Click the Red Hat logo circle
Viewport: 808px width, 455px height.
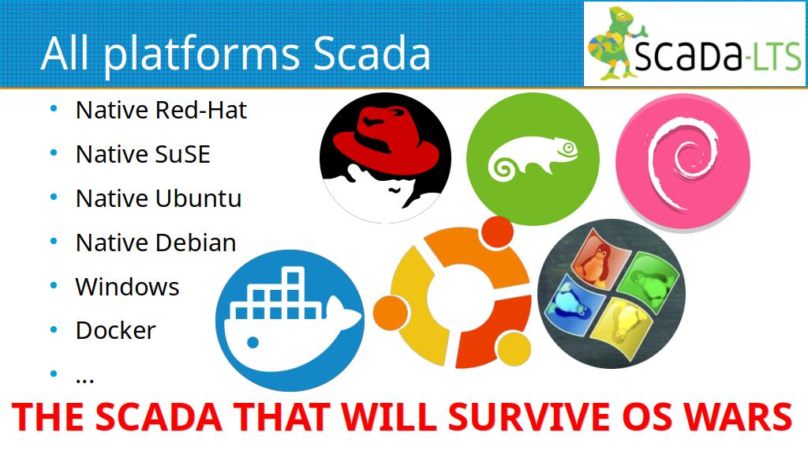385,158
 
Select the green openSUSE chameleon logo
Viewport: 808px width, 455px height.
533,159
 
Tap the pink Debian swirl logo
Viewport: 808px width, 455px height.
683,161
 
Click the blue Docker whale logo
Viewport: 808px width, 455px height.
290,321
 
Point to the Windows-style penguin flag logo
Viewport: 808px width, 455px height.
612,294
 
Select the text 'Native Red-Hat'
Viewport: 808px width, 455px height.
161,110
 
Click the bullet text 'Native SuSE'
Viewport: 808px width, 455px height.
143,154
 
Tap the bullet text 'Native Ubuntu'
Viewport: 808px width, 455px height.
158,198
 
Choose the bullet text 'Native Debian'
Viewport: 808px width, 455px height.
155,243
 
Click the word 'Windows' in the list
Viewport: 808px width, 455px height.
127,287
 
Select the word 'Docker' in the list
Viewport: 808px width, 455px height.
115,331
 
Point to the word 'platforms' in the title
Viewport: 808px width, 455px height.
201,55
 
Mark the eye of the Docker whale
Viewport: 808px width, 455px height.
252,341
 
